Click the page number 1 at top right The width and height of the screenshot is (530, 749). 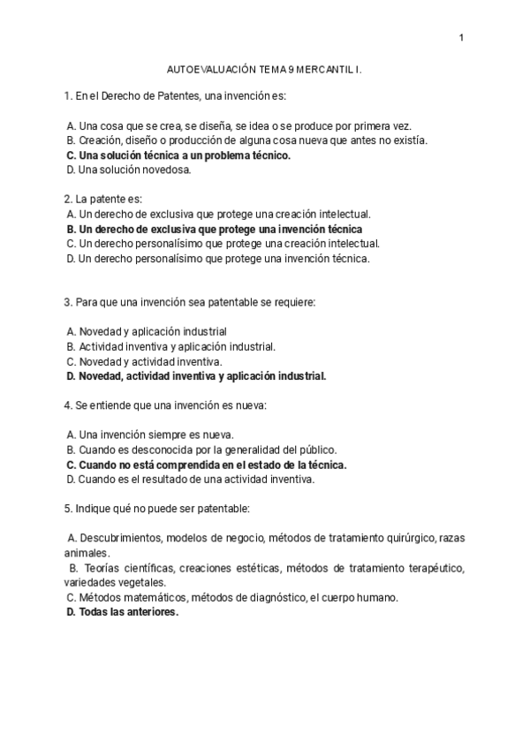(x=461, y=37)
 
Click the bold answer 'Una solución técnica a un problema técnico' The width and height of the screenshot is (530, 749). (x=184, y=155)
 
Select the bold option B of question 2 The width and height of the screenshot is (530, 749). (x=214, y=229)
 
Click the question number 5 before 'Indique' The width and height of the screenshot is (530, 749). (x=67, y=509)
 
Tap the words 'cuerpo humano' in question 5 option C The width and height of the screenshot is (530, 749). (x=363, y=597)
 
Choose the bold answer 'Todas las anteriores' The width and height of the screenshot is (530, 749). (x=127, y=611)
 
